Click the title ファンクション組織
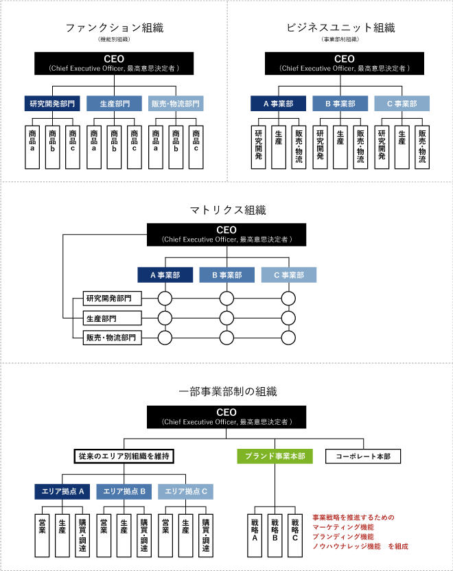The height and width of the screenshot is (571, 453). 114,29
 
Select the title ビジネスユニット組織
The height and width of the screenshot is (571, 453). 340,29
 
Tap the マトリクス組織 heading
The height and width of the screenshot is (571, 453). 227,210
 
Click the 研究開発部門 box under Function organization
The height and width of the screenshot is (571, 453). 52,104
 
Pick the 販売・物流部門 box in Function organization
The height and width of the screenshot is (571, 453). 176,104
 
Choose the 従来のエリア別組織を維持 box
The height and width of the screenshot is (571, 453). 124,456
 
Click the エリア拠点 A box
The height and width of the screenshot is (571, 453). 62,491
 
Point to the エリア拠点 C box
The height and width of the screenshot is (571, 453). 185,491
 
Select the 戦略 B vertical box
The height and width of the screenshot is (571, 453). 275,533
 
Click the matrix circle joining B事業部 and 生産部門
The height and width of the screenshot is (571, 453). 227,318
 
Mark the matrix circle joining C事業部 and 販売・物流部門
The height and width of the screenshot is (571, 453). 289,338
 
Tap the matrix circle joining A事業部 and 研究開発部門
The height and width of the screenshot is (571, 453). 165,299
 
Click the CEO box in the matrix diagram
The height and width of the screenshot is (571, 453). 226,234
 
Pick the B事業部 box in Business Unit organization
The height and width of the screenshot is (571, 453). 340,104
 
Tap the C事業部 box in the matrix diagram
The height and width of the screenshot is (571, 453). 289,275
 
